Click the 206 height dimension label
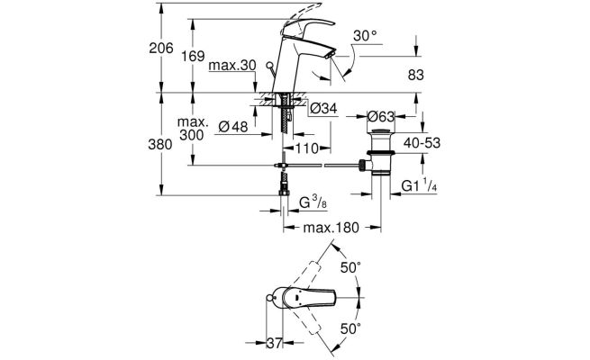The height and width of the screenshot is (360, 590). coord(161,48)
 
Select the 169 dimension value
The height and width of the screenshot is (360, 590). coord(193,56)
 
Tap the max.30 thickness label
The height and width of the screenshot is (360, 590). coord(232,66)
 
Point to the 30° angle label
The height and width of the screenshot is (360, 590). coord(365,36)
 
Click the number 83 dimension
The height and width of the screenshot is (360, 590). coord(416,76)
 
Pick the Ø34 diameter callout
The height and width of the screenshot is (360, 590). coord(323,109)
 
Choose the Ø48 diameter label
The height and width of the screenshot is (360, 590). coord(233,127)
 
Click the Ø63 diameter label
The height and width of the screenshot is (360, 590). coord(381,116)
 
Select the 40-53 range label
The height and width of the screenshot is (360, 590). coord(422,143)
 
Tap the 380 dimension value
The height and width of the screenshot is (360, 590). coord(160,144)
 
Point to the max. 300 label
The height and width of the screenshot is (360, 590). coord(192,129)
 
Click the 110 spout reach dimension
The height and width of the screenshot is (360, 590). coord(307,148)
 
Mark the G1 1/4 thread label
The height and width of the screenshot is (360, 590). coord(419,185)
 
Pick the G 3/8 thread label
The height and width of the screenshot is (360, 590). coord(313,202)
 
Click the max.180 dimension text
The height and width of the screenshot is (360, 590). coord(331,228)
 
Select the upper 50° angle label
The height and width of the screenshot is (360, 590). coord(350,267)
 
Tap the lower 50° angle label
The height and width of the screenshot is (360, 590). coord(350,328)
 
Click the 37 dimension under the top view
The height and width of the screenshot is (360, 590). coord(275,343)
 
